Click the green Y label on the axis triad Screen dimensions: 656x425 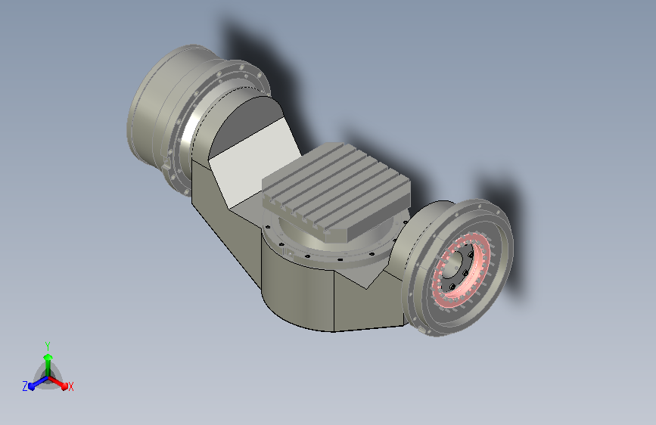click(48, 346)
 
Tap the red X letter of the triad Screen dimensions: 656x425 click(70, 386)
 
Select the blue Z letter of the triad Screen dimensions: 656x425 click(25, 386)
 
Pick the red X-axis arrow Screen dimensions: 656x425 click(58, 383)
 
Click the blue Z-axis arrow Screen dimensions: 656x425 click(38, 383)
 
